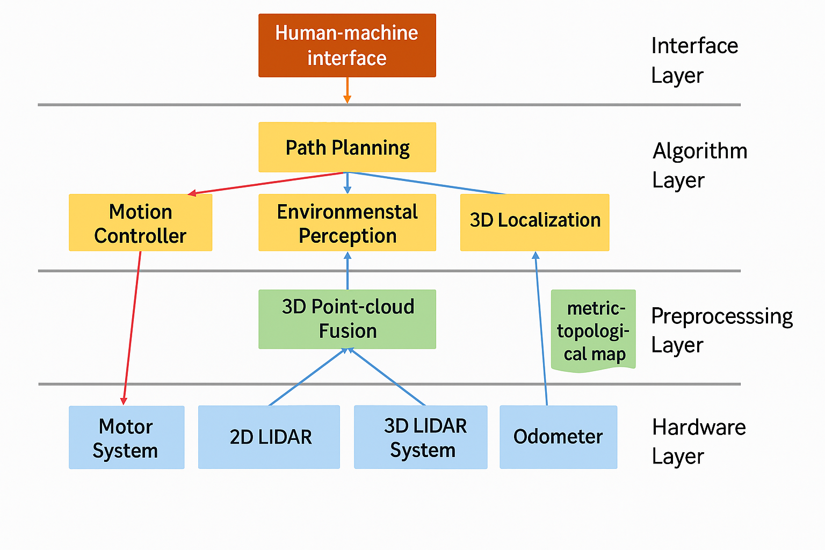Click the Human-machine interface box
347,46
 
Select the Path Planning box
347,147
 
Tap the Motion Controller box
140,223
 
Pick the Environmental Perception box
347,223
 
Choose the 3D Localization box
534,223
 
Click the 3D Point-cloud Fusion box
347,319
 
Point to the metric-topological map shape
593,330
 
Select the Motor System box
126,437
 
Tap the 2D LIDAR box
269,437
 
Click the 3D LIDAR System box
421,437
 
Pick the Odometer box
558,437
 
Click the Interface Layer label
694,60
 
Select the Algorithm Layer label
699,165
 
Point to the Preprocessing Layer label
721,330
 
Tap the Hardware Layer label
698,442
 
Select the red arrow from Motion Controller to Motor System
132,328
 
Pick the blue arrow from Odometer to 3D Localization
541,328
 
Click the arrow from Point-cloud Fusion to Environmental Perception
348,271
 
